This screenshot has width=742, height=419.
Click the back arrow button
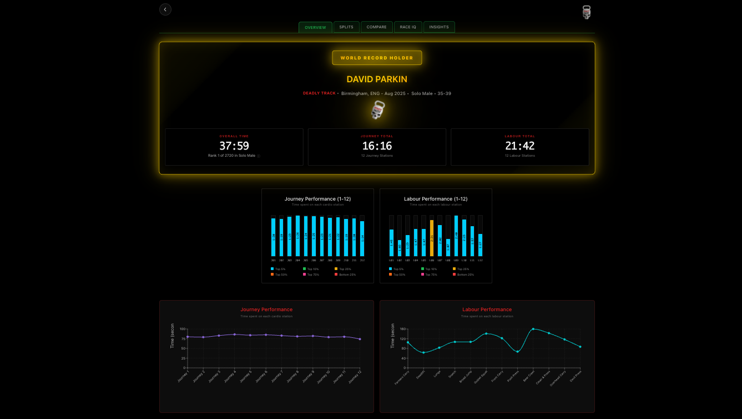165,9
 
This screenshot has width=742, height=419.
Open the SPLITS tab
346,27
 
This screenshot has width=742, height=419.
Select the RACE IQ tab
408,27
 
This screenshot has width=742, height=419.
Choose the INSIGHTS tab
439,27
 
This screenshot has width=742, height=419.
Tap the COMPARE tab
376,27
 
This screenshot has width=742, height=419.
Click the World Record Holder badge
377,58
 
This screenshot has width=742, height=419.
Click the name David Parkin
377,79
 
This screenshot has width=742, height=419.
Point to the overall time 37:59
234,146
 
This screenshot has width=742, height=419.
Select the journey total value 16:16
377,146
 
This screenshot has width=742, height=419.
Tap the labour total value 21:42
519,146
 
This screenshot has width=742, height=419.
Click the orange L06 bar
432,238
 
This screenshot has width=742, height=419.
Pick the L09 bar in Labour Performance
456,236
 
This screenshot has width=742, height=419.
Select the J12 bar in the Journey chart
362,239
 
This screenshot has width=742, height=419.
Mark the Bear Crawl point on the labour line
533,329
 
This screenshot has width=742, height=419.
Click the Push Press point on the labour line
517,352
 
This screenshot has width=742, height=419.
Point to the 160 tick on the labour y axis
402,329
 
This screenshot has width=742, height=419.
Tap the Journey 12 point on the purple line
360,339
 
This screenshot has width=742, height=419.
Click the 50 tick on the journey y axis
183,348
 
